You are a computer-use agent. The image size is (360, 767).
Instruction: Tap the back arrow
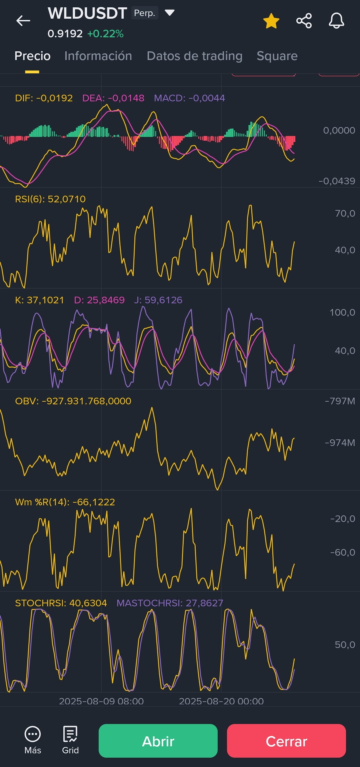point(23,21)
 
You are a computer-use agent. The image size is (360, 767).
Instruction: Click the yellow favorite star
point(271,21)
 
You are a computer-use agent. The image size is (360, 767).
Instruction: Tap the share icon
point(304,21)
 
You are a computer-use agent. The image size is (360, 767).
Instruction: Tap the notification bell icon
point(336,21)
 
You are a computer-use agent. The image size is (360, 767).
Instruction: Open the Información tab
point(98,56)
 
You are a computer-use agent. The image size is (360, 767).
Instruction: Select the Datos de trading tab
point(195,56)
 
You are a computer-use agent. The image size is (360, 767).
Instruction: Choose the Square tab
point(277,56)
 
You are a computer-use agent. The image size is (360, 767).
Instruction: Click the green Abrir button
point(158,741)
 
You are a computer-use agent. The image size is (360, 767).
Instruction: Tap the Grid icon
point(70,734)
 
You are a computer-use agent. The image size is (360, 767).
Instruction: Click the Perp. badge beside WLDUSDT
point(145,13)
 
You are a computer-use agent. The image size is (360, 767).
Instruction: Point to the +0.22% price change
point(105,34)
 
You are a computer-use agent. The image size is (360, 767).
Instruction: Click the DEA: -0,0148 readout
point(113,98)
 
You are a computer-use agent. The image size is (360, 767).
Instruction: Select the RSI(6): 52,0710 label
point(50,199)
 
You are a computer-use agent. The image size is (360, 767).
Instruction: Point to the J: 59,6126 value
point(158,300)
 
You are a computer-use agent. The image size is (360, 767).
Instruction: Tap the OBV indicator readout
point(73,401)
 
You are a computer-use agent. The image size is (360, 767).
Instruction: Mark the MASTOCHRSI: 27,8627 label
point(170,603)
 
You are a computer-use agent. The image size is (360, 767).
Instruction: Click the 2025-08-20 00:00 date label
point(221,701)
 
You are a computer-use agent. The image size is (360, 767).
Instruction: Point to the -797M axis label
point(340,401)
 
